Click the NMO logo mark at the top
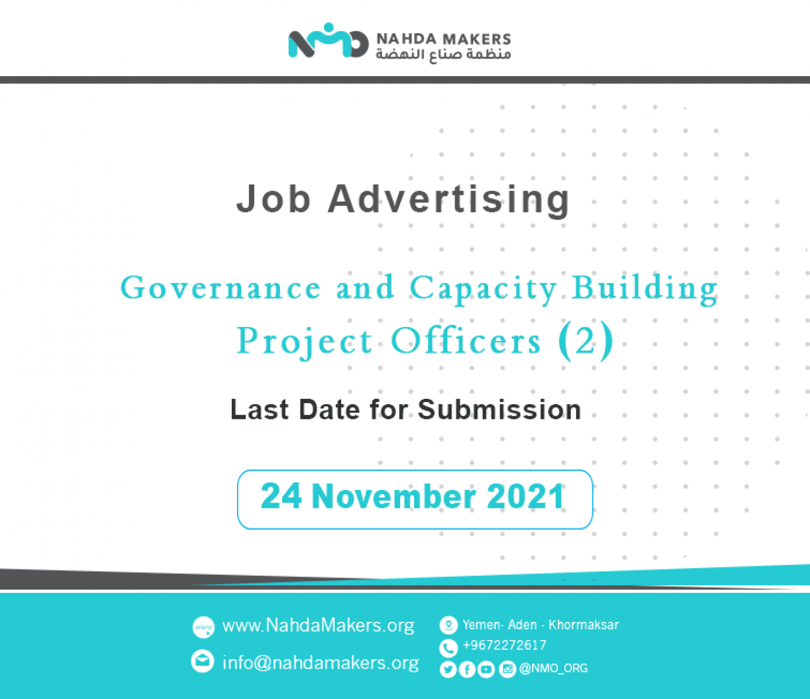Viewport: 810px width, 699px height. [x=328, y=40]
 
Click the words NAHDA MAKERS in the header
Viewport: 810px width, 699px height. [x=443, y=39]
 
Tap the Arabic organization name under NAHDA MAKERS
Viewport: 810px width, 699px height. [x=443, y=55]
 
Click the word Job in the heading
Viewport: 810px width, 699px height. [x=274, y=199]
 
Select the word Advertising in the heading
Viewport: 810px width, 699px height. [x=449, y=200]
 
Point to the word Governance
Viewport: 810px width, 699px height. [x=221, y=288]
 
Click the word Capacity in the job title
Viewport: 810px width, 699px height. [x=483, y=289]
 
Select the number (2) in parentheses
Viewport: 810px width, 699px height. [x=586, y=341]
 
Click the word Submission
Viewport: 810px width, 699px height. [x=500, y=410]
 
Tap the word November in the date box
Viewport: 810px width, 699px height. [x=394, y=497]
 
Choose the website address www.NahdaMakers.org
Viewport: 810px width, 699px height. [x=318, y=626]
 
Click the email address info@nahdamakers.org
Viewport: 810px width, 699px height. [x=321, y=662]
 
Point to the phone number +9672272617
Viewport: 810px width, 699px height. [x=504, y=646]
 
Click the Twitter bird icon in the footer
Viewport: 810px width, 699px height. [x=448, y=669]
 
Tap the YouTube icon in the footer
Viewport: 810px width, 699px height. [x=486, y=669]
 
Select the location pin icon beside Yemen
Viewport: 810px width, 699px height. [x=449, y=625]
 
